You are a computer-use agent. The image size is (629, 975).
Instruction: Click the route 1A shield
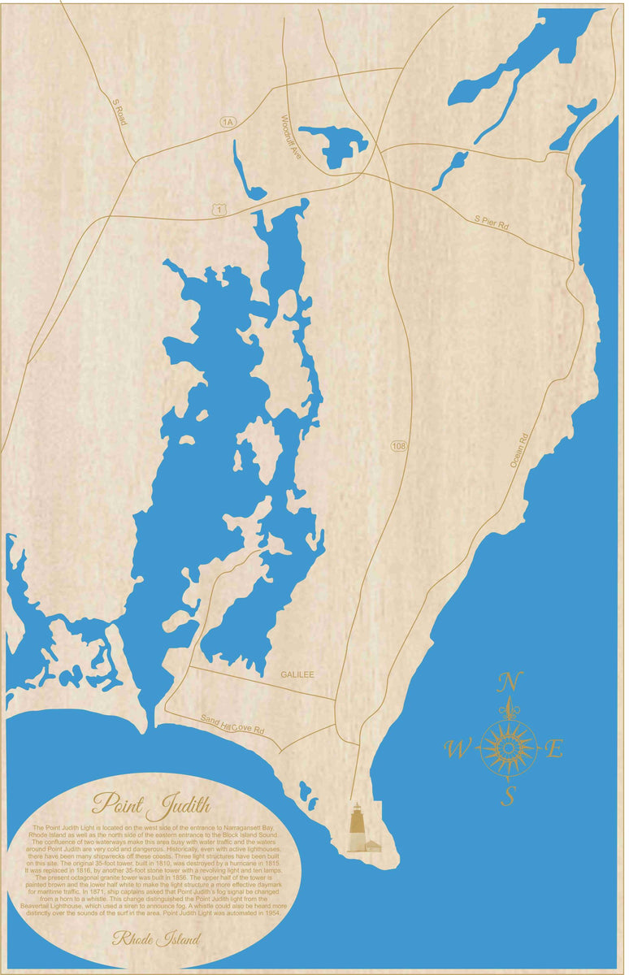[x=227, y=122]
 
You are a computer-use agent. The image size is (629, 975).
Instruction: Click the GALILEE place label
[x=297, y=674]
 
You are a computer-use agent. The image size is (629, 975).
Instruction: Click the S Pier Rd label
[x=492, y=223]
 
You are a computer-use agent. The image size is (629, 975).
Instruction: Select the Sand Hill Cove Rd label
[x=233, y=724]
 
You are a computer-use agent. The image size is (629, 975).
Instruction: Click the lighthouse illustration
[x=356, y=829]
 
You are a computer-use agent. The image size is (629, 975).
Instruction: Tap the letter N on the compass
[x=510, y=681]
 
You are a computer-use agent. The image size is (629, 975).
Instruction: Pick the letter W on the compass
[x=458, y=749]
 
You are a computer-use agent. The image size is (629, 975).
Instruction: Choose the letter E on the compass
[x=553, y=749]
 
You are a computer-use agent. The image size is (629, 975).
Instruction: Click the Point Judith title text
[x=151, y=805]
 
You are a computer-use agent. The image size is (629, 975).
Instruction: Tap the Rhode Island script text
[x=157, y=939]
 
